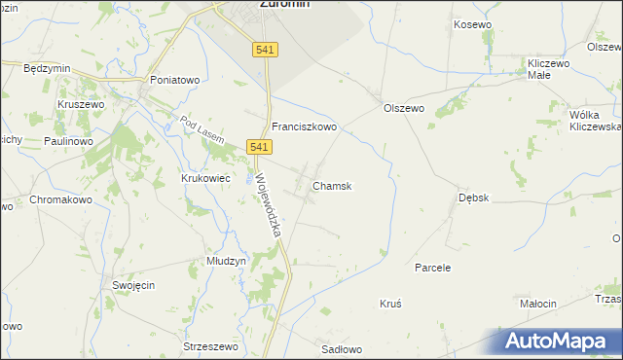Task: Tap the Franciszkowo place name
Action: click(x=304, y=126)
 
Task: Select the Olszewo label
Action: click(x=404, y=109)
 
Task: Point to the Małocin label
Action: click(x=537, y=304)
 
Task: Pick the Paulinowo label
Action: click(x=67, y=141)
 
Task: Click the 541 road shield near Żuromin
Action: click(x=265, y=50)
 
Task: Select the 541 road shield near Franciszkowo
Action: click(x=258, y=146)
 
